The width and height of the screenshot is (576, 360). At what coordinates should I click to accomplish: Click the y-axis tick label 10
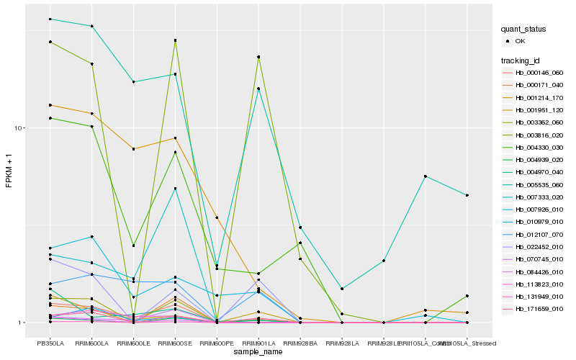point(20,128)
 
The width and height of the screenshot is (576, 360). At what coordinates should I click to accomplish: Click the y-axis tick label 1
point(23,323)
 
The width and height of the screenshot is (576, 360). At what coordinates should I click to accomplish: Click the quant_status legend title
point(525,30)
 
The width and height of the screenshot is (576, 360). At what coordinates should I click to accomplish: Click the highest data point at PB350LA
point(50,19)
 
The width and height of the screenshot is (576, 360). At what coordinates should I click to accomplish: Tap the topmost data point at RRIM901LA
point(258,56)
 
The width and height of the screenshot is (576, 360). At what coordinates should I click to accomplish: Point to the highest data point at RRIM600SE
point(175,40)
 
